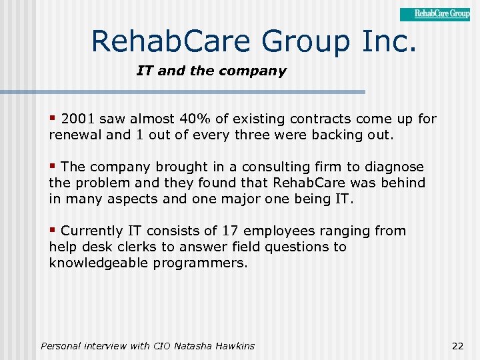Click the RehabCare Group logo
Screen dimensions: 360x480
click(435, 14)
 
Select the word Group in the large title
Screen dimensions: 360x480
click(306, 41)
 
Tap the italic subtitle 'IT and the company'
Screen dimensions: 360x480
click(211, 71)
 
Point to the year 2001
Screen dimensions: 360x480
click(79, 119)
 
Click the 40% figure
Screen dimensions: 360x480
click(195, 119)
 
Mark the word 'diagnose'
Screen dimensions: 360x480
click(394, 167)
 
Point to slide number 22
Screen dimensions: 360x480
click(457, 346)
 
